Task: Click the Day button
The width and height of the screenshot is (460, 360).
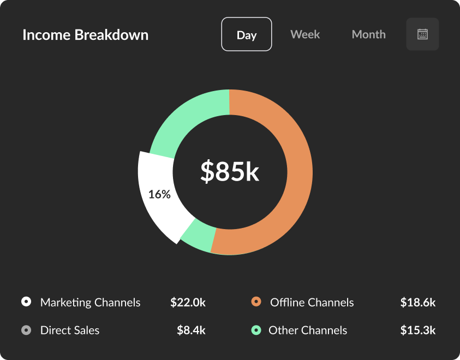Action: pyautogui.click(x=247, y=34)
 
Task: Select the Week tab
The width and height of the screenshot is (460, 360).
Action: pyautogui.click(x=305, y=34)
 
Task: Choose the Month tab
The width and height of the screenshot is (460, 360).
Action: pyautogui.click(x=368, y=34)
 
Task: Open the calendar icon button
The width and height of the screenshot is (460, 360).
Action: pyautogui.click(x=422, y=34)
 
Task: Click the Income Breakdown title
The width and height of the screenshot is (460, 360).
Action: pyautogui.click(x=85, y=35)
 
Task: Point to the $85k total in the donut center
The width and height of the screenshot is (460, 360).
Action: pyautogui.click(x=229, y=171)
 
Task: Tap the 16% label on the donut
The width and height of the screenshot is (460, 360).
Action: pyautogui.click(x=159, y=194)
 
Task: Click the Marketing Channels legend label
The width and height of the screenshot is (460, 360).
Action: pyautogui.click(x=90, y=302)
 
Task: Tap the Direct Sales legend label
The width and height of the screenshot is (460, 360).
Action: pyautogui.click(x=70, y=330)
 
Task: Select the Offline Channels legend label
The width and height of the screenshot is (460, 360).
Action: pyautogui.click(x=312, y=302)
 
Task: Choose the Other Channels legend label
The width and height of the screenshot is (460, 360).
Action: pyautogui.click(x=308, y=330)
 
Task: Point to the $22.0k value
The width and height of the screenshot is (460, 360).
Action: pyautogui.click(x=188, y=302)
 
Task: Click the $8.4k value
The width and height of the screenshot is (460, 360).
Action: pyautogui.click(x=191, y=330)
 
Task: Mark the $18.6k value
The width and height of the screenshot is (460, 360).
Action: pyautogui.click(x=417, y=302)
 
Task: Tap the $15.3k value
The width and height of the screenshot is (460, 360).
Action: pyautogui.click(x=417, y=330)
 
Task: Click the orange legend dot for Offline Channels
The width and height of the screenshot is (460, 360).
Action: pyautogui.click(x=256, y=302)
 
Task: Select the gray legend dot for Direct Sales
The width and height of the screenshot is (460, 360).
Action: pyautogui.click(x=26, y=330)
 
